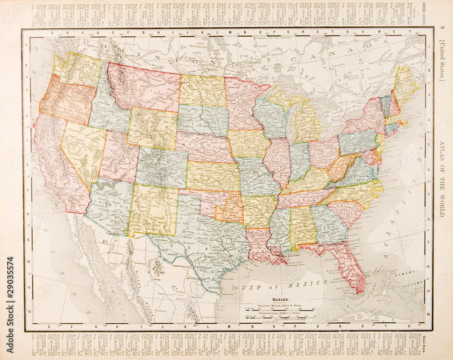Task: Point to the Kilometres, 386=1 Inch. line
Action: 281,312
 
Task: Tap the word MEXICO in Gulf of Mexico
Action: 311,282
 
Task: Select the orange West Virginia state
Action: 342,168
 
